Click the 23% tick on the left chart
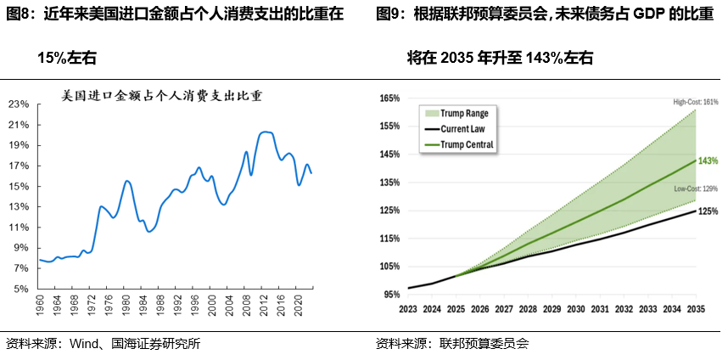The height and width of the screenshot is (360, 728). pyautogui.click(x=19, y=104)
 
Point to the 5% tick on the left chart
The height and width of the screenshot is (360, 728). pyautogui.click(x=21, y=289)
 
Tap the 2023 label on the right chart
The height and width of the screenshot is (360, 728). pyautogui.click(x=409, y=310)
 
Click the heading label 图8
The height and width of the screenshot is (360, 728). pyautogui.click(x=20, y=16)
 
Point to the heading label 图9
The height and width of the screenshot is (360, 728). pyautogui.click(x=390, y=16)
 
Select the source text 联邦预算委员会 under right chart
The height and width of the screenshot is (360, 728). pyautogui.click(x=484, y=344)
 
